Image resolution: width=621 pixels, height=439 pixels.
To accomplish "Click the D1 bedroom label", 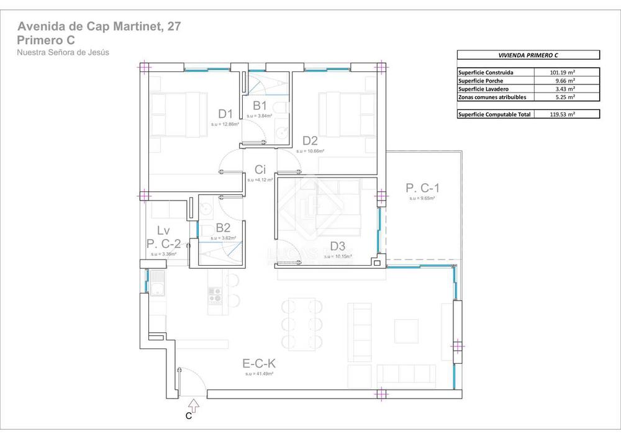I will [x=225, y=114].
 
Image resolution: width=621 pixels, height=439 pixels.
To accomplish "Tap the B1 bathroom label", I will [x=260, y=106].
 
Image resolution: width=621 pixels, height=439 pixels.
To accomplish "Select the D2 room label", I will [x=310, y=141].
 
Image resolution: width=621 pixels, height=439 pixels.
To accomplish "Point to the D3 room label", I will [x=337, y=246].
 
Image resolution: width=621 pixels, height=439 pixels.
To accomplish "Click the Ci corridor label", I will [x=261, y=170].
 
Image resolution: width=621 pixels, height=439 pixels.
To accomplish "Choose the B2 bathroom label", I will [x=224, y=228].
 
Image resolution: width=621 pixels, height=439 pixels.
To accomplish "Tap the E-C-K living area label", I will [x=259, y=364].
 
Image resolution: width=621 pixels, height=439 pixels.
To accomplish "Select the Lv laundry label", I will [x=163, y=231].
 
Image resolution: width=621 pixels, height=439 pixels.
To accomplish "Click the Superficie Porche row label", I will [x=481, y=80].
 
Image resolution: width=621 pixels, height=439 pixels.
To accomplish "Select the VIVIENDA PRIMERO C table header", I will [x=528, y=55].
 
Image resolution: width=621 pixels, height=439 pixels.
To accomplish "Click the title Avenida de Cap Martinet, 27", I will [x=99, y=27].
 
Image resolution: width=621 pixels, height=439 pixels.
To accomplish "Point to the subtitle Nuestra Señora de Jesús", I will [x=63, y=53].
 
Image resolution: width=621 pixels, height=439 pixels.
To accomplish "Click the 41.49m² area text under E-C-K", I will [x=259, y=374].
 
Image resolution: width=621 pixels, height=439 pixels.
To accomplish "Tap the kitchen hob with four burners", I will [x=215, y=294].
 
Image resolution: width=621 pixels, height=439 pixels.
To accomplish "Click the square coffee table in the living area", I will [x=407, y=330].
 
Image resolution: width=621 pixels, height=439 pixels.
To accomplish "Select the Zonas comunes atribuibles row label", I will [x=492, y=97].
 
